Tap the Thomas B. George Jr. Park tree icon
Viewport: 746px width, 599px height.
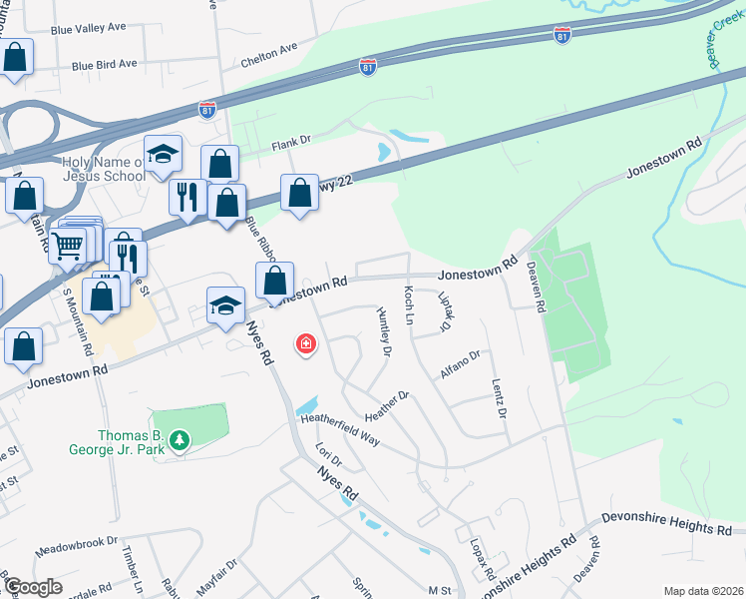click(x=179, y=439)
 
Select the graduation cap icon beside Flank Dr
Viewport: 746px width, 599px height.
click(x=163, y=155)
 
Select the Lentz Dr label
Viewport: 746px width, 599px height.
click(x=499, y=398)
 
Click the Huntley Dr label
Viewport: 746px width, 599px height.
click(x=384, y=329)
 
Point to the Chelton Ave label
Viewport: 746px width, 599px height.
click(x=269, y=54)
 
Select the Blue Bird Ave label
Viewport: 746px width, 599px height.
click(x=104, y=64)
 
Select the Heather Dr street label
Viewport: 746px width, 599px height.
click(x=388, y=404)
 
